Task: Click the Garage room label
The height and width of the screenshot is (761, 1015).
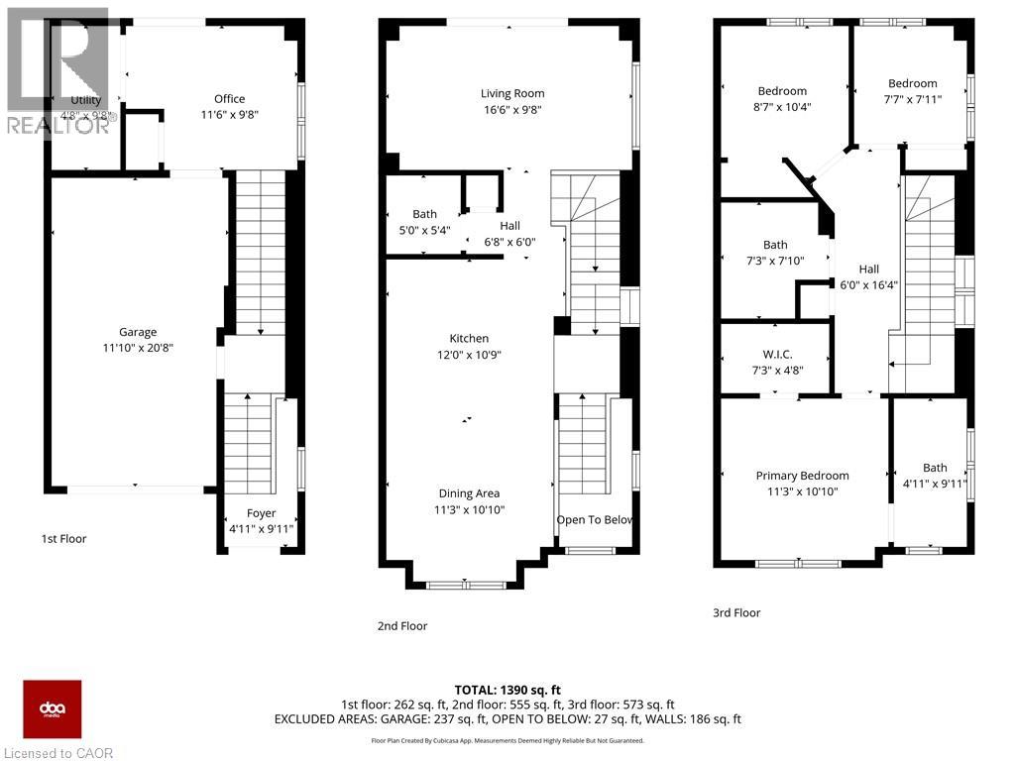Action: point(139,333)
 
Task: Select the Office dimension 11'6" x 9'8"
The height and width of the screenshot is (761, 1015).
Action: point(229,114)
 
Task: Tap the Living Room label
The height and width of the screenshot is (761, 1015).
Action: point(512,93)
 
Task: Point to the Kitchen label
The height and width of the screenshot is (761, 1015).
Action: point(469,339)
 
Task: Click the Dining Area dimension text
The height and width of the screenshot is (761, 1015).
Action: point(469,509)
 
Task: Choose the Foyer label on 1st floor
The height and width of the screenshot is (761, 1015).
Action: point(262,513)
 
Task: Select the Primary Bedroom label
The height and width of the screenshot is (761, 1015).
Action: point(802,476)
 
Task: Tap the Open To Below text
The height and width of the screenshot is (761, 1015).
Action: point(594,520)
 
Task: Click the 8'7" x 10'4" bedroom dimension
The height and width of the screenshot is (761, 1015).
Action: point(782,107)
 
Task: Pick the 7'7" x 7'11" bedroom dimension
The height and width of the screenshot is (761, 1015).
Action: point(912,99)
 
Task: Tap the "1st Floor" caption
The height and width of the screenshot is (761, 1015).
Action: point(63,539)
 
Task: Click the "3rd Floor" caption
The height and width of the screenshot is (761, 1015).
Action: point(736,613)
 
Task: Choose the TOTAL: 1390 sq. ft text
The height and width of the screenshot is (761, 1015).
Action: point(507,690)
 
